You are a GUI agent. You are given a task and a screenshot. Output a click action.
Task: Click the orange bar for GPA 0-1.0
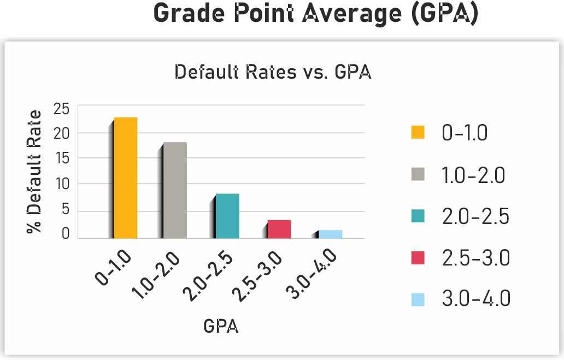tap(125, 178)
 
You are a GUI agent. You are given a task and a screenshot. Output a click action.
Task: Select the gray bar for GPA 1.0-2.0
tap(175, 190)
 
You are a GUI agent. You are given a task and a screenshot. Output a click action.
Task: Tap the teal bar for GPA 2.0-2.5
tap(227, 216)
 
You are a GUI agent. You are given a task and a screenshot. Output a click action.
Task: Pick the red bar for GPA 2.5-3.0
tap(279, 229)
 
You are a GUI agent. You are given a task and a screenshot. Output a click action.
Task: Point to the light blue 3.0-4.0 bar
tap(330, 234)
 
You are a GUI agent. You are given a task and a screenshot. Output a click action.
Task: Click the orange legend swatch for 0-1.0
tap(418, 133)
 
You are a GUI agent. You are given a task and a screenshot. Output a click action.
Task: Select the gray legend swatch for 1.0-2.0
tap(418, 175)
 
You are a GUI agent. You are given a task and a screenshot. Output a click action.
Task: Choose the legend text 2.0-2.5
tap(475, 217)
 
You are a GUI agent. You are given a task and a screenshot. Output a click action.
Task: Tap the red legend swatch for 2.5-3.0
tap(418, 258)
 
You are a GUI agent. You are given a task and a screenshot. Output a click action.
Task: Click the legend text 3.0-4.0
tap(475, 299)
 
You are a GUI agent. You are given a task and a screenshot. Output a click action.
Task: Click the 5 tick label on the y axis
tap(66, 210)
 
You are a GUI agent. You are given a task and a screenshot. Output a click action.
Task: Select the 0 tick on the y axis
tap(66, 234)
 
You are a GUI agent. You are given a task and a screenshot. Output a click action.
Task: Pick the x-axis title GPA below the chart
tap(221, 326)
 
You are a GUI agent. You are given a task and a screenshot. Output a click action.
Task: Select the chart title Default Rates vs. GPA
tap(273, 72)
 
